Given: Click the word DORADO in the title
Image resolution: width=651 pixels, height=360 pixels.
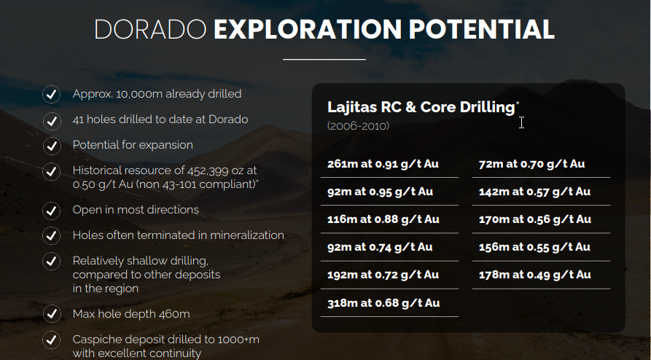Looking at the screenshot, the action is tap(150, 29).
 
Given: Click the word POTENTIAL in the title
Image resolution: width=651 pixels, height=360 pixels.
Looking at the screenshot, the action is tap(482, 29).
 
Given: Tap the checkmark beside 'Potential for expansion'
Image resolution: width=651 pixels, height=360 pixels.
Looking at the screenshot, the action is tap(52, 146).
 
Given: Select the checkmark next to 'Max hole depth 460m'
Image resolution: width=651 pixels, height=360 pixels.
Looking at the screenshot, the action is tap(52, 314).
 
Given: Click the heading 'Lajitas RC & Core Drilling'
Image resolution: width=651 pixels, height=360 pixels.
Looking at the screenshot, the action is tap(421, 107).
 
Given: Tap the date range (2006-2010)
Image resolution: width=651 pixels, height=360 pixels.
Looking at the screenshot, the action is tap(358, 126).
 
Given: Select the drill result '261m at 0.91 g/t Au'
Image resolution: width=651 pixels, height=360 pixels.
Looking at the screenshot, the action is tap(383, 164).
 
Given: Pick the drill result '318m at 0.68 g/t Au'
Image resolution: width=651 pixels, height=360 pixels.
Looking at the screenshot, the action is tap(383, 303).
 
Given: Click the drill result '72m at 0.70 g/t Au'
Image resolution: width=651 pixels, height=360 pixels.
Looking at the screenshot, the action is tap(532, 164).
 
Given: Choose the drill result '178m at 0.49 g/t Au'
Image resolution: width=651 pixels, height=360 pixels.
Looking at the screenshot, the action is tap(535, 275).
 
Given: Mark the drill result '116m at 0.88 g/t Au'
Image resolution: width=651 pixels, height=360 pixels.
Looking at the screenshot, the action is tap(383, 219).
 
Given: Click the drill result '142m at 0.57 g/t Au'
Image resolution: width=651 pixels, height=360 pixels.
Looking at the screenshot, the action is tap(534, 192).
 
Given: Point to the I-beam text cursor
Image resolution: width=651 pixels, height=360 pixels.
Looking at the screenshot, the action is tap(521, 122).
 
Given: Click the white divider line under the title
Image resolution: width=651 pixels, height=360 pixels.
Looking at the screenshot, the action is tap(324, 59).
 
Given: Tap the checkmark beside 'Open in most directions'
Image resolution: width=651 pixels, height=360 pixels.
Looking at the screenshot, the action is tap(52, 211).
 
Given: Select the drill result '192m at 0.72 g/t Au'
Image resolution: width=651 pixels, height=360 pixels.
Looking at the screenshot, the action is tap(383, 275).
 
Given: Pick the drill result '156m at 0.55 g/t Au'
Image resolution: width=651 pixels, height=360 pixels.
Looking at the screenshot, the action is tap(534, 247).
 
